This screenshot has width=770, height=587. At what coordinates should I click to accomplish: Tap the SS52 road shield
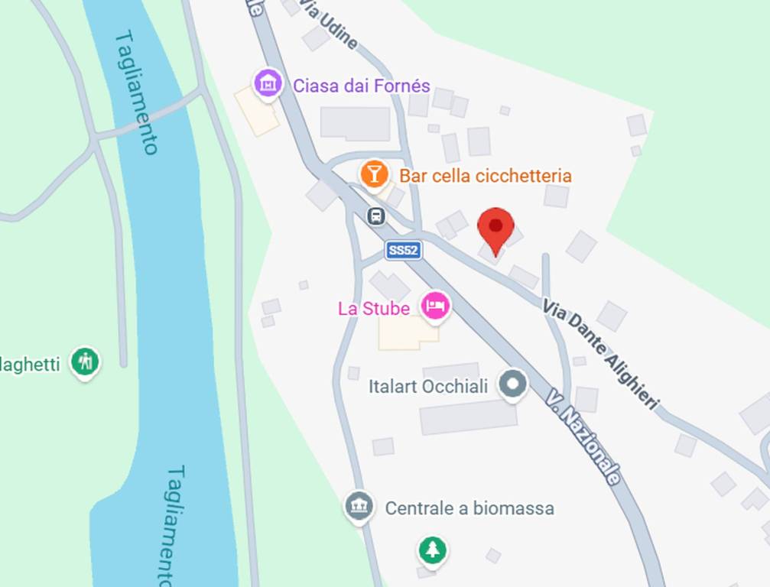(x=404, y=250)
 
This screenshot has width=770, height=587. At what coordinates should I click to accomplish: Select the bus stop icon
(x=376, y=216)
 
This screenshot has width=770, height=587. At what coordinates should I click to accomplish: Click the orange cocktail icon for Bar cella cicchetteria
(x=374, y=174)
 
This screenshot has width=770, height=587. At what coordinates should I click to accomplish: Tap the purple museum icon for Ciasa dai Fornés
(x=268, y=83)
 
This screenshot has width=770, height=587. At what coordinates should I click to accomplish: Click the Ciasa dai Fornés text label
(x=362, y=85)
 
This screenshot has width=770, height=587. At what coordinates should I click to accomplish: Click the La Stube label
(x=374, y=309)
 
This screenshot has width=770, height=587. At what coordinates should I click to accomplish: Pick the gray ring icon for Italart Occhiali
(x=514, y=384)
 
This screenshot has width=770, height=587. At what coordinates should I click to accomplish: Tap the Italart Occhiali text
(x=427, y=387)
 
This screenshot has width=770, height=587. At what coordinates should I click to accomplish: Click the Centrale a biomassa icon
(x=359, y=506)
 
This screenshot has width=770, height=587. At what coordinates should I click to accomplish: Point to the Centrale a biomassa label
(x=469, y=508)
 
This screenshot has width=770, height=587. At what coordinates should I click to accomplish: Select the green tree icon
(x=433, y=549)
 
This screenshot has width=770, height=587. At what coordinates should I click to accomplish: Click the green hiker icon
(x=85, y=361)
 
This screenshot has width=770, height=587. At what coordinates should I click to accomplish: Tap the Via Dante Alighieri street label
(x=601, y=353)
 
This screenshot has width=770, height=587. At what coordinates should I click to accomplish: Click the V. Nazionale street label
(x=583, y=435)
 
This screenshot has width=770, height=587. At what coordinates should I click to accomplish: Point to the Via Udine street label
(x=329, y=24)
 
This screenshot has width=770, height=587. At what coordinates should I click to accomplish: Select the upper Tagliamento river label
(x=138, y=92)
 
